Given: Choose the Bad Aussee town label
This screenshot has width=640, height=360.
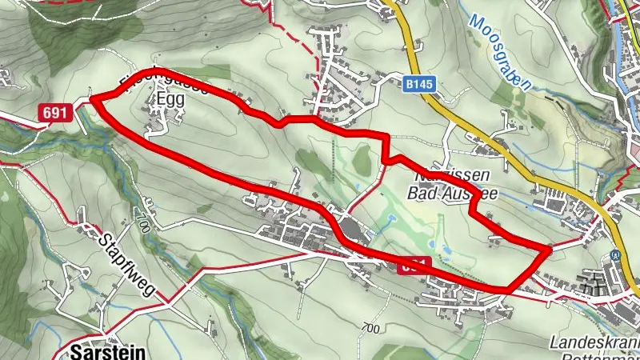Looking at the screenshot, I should [x=445, y=193].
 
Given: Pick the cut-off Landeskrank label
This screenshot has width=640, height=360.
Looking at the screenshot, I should [x=595, y=342].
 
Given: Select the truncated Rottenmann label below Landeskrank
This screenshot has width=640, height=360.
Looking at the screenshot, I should [x=600, y=356].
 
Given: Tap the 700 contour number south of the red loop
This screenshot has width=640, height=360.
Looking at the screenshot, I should [x=370, y=327].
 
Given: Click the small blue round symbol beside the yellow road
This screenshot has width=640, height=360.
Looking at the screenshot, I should [x=614, y=256].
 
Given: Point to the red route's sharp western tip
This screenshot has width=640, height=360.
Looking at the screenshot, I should [x=93, y=98].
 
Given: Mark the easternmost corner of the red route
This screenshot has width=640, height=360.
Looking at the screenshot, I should [x=548, y=250].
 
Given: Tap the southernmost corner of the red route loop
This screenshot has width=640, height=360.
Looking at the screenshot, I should [x=508, y=288].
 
